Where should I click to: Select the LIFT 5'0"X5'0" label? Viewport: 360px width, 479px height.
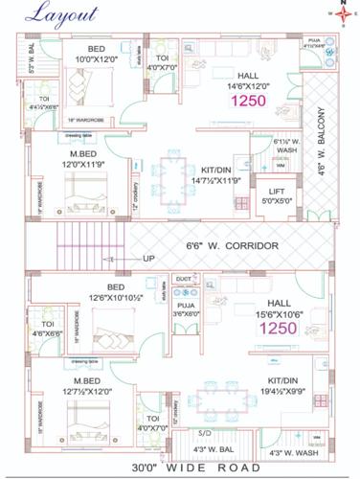(276, 196)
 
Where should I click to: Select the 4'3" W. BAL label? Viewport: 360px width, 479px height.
(207, 449)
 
